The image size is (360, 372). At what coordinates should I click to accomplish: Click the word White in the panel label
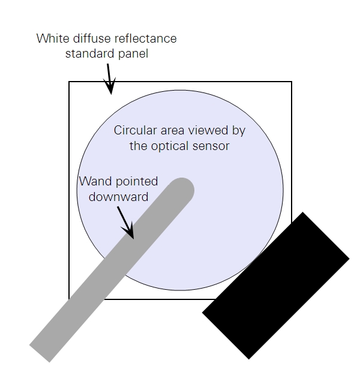53,38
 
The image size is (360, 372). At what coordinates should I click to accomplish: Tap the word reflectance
145,38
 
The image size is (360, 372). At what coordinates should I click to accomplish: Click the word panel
133,54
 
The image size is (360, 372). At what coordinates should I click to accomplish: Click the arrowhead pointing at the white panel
110,86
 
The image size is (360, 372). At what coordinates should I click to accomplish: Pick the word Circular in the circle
136,130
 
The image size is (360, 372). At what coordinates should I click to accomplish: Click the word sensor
211,146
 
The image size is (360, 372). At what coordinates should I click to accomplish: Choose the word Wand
95,181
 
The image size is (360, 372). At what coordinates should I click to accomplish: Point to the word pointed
137,182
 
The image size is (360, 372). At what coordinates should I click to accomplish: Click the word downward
118,197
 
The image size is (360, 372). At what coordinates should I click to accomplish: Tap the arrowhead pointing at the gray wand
129,231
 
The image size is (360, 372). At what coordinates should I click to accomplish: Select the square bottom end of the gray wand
40,353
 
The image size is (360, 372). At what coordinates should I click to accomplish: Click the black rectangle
275,286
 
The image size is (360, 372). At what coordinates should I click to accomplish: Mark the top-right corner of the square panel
292,82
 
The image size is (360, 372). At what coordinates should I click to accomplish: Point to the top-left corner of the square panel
69,82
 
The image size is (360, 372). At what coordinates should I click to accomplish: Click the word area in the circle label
173,130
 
